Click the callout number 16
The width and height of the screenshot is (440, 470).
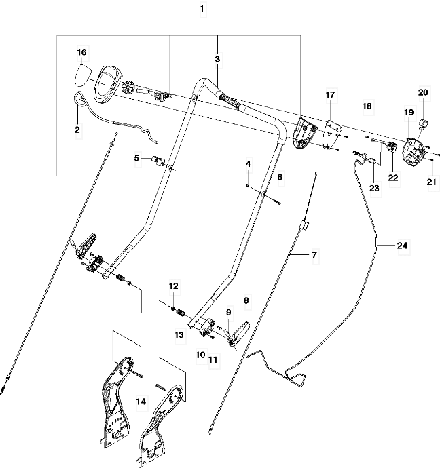81,52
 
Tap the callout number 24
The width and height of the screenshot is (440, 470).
402,246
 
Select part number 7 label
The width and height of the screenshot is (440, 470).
314,256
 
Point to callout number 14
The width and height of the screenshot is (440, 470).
141,401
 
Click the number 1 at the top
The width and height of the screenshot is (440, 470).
202,9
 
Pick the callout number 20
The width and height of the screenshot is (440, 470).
423,92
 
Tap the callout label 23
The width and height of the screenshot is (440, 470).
374,189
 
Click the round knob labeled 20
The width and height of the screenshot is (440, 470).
423,123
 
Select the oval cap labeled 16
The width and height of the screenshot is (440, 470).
81,75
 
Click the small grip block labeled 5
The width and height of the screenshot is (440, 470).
158,160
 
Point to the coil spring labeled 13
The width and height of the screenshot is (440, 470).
181,313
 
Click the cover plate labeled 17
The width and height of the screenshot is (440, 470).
331,135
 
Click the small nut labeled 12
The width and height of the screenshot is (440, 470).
173,308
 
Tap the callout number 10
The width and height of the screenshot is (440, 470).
200,355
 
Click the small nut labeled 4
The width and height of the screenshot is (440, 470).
248,186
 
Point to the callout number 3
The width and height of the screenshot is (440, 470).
217,59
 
